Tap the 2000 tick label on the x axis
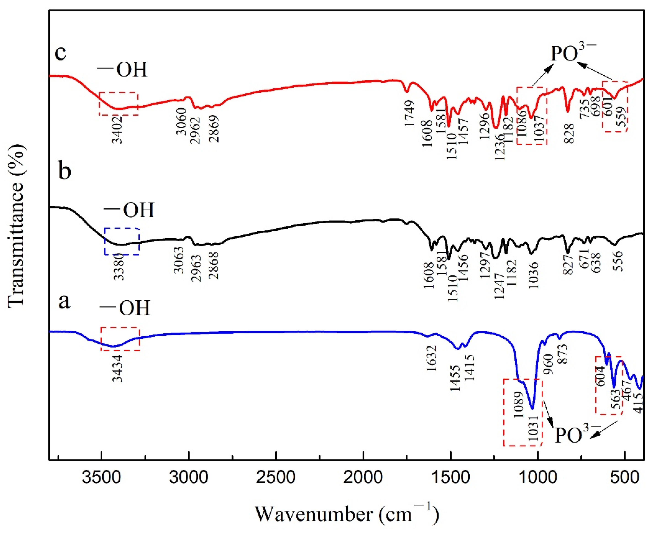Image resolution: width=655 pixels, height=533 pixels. pyautogui.click(x=363, y=478)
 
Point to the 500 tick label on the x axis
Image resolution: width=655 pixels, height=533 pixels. pyautogui.click(x=625, y=478)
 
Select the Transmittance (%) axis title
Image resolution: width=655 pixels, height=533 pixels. pyautogui.click(x=16, y=226)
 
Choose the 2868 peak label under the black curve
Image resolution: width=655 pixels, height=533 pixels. pyautogui.click(x=213, y=266)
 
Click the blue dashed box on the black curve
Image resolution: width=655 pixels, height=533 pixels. pyautogui.click(x=122, y=241)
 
